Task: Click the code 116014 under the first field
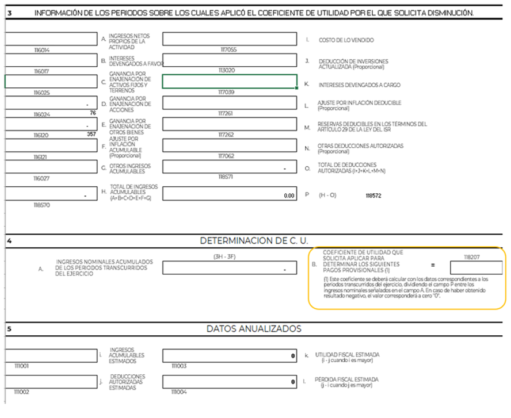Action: click(41, 50)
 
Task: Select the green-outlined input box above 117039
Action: click(229, 81)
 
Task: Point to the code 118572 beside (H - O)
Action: click(373, 195)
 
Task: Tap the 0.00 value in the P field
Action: click(289, 195)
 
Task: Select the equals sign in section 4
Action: click(433, 266)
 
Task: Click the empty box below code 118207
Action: click(476, 267)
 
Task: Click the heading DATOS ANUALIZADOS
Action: click(254, 329)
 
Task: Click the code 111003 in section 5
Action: click(178, 366)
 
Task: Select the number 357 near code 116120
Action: click(91, 134)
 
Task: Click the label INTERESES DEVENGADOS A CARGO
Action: click(359, 85)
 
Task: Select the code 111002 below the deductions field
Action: click(21, 392)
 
